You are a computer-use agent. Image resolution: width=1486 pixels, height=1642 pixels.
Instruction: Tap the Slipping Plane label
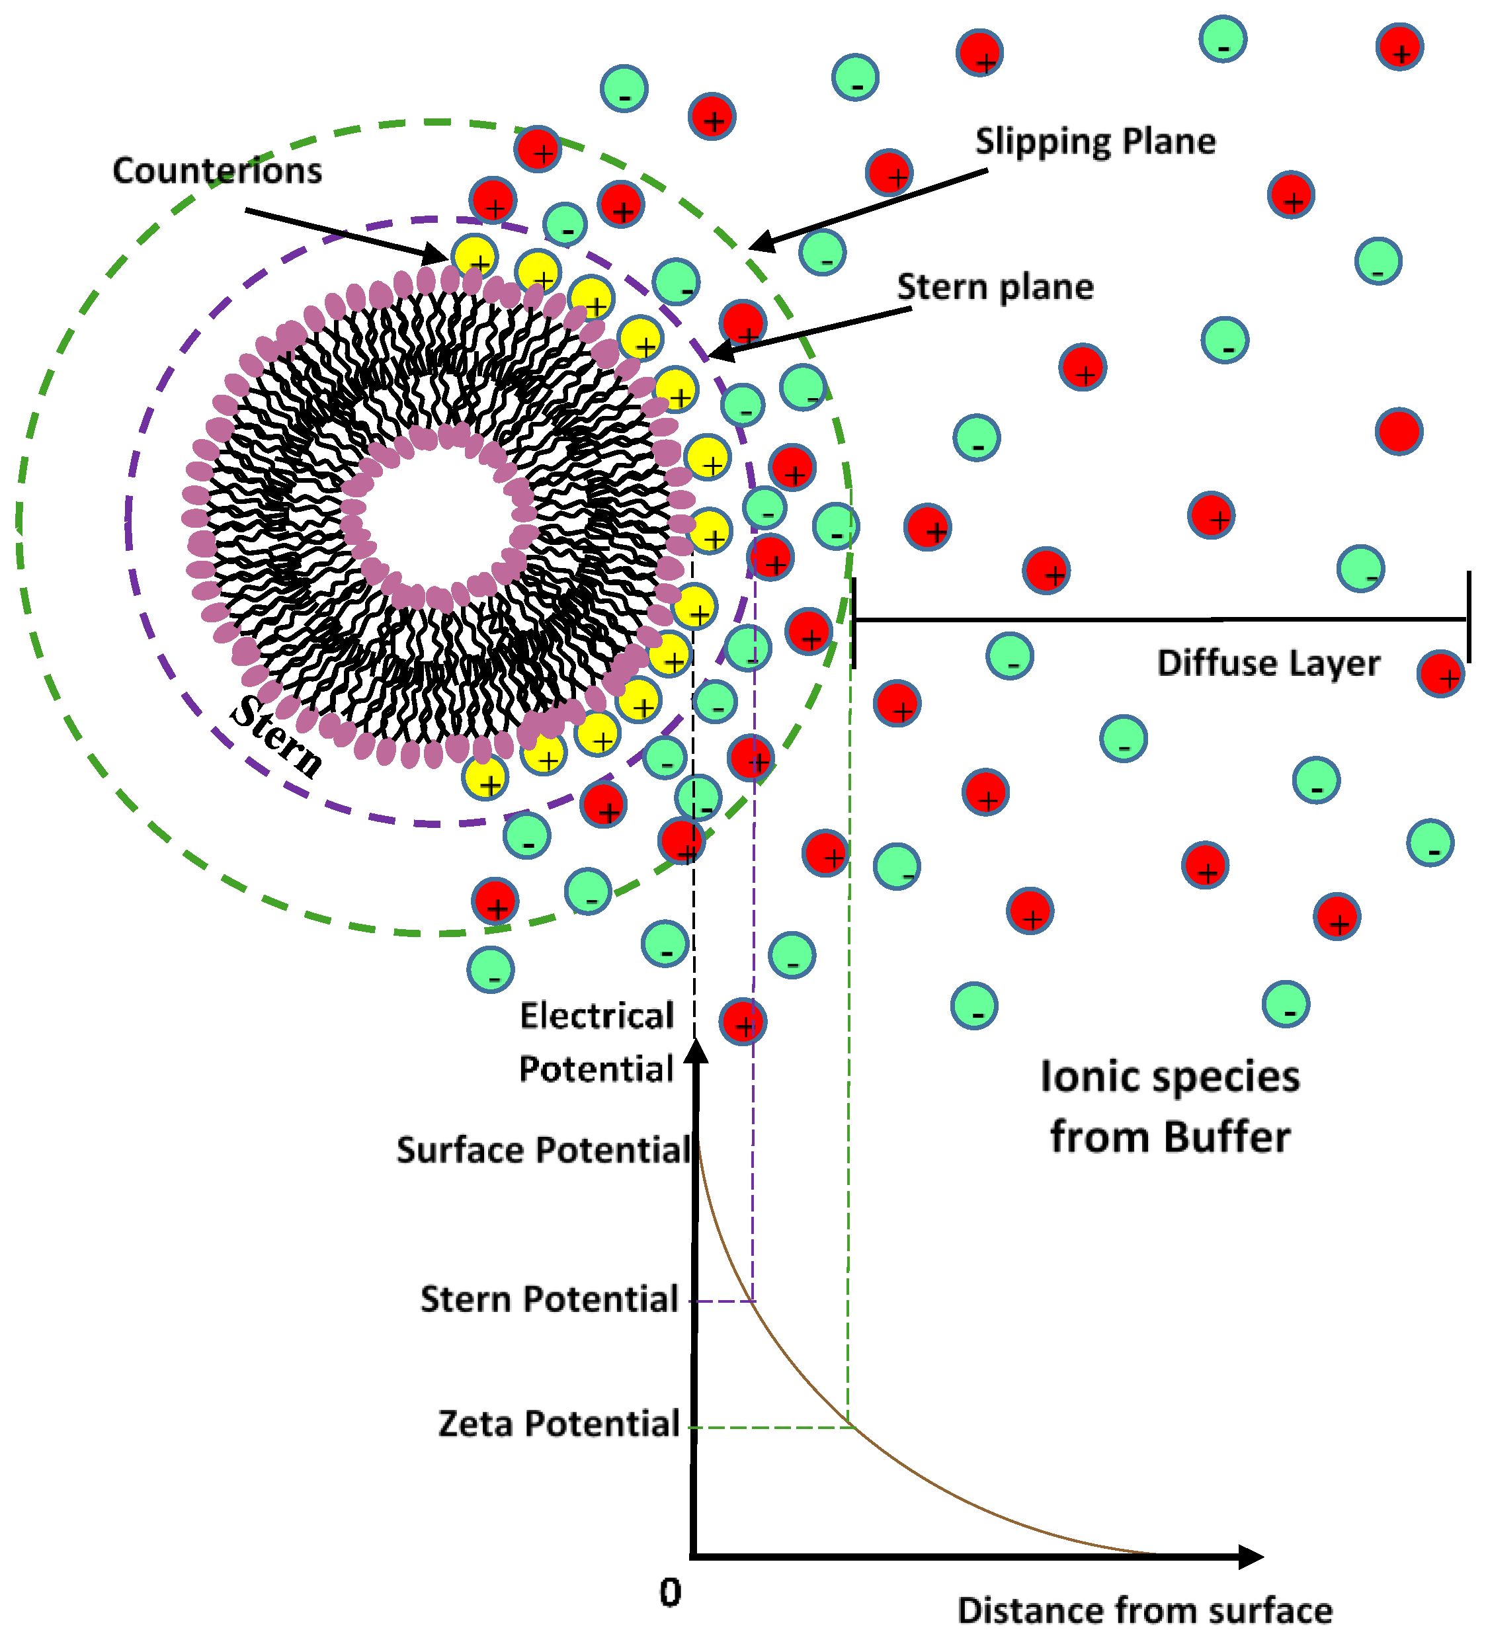pos(1095,142)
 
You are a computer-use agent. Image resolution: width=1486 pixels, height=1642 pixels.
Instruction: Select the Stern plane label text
pos(995,287)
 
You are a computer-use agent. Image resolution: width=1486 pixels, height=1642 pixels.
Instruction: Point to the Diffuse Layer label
pos(1268,663)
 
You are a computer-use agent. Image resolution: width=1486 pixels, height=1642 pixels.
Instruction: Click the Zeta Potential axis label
pos(558,1424)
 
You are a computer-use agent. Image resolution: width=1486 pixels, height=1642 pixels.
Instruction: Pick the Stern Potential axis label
pos(548,1299)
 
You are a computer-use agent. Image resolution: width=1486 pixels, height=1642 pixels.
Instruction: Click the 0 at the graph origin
pos(670,1592)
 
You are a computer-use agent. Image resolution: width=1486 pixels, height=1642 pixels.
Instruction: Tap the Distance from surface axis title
pos(1144,1610)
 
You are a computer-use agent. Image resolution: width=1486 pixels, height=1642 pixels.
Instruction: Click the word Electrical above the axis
pos(597,1016)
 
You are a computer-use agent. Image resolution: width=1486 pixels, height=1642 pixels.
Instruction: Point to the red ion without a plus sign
pos(1398,431)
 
